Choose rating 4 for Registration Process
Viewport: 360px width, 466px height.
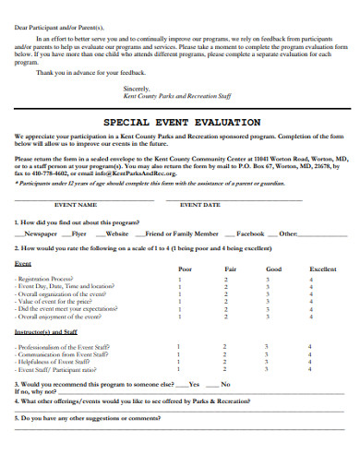(311, 279)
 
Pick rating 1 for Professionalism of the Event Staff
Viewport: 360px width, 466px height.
(178, 345)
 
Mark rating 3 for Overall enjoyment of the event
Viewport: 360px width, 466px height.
(268, 316)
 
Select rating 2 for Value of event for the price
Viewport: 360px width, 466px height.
(224, 301)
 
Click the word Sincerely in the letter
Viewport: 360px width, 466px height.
(137, 87)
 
